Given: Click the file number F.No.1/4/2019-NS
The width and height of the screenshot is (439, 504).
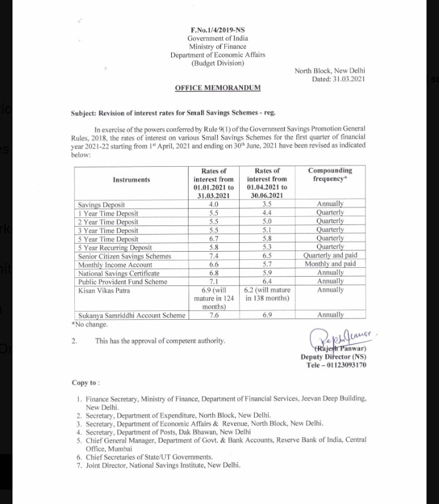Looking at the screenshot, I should pos(217,30).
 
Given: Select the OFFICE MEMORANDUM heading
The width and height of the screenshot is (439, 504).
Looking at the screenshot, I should pos(217,88).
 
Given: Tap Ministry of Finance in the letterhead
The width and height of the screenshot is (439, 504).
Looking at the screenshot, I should pos(217,46).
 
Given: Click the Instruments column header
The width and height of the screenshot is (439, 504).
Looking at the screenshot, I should pos(131,180).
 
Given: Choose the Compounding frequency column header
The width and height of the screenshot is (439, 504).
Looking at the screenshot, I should pos(329,174).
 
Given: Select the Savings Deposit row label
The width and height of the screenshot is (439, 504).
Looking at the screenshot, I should pos(101,204).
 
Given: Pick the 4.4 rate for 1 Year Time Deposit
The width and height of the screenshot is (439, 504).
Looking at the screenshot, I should pos(267,213).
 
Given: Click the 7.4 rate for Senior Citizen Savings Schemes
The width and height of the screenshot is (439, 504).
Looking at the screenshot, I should pos(214,256).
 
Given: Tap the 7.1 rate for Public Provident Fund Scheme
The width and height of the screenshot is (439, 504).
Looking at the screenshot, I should pos(214,282).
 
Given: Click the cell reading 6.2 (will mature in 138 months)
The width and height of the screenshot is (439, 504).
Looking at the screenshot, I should pos(267,294).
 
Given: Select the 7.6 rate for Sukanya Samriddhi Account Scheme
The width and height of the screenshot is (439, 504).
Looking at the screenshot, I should pos(214,315).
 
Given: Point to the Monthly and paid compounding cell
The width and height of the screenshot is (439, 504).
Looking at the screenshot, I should pos(329,264).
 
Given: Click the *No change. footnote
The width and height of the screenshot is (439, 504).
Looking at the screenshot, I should pos(90,324).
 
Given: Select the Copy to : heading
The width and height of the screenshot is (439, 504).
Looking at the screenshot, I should pos(86,383).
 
